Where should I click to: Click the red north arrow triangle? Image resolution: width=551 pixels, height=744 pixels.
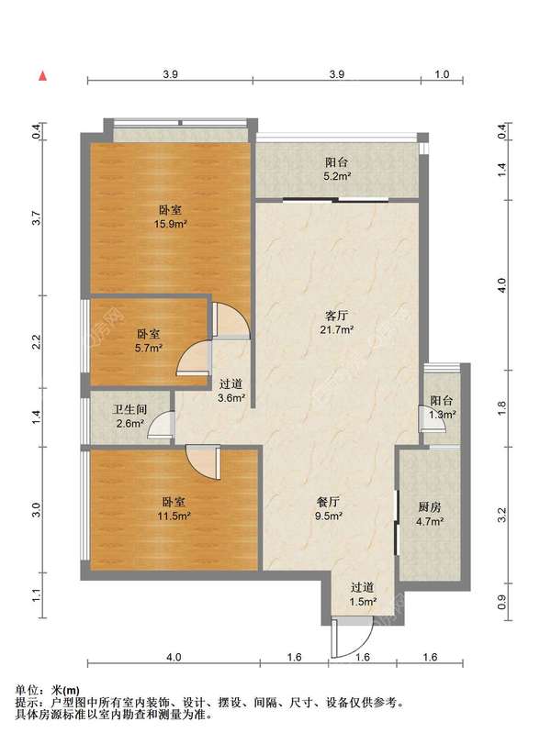[x=43, y=75]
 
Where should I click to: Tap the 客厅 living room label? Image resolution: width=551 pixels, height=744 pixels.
[x=336, y=316]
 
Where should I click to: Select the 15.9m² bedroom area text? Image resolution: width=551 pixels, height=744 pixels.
[x=171, y=224]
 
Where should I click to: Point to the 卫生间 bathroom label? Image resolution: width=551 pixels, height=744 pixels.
[x=129, y=409]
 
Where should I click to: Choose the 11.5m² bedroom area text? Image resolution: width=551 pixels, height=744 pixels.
[x=174, y=516]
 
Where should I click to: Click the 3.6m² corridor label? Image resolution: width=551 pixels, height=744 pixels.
[x=231, y=398]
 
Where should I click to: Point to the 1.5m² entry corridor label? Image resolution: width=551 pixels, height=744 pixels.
[x=363, y=602]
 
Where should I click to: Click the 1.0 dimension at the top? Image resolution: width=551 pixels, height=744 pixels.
[x=442, y=74]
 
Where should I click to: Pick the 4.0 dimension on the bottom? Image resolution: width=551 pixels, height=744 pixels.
[x=174, y=657]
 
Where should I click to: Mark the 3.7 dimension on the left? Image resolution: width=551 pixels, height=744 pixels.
[x=37, y=218]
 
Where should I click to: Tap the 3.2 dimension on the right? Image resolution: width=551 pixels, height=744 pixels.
[x=502, y=516]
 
